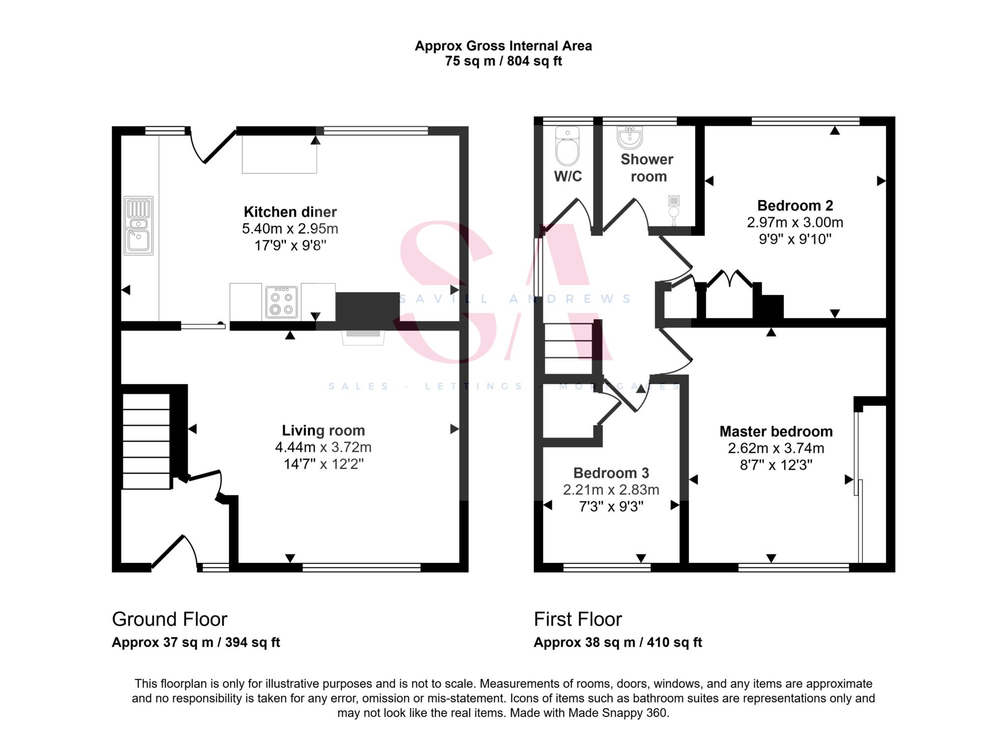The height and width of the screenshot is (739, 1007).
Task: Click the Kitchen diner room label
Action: coord(290,212)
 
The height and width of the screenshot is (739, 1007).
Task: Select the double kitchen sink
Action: coord(139,226)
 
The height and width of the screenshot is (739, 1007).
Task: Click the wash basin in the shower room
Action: coord(629,137)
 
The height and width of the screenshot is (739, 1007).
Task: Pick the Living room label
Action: coord(323,430)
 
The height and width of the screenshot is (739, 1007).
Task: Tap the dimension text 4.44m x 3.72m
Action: coord(323,447)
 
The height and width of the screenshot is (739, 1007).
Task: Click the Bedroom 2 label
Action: coord(795,205)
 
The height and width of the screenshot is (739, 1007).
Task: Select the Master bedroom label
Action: coord(776,431)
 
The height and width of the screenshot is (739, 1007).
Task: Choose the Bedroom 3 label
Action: coord(611,473)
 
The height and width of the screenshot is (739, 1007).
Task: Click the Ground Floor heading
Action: coord(170,619)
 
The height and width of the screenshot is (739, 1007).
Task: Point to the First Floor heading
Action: coord(578,619)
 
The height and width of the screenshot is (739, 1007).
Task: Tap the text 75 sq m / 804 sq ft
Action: coord(503,61)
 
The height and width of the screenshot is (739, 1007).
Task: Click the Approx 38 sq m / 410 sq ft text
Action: coord(618,642)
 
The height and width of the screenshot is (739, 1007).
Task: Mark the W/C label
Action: coord(568,176)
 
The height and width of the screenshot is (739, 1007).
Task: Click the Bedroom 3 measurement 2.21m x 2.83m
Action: coord(611,490)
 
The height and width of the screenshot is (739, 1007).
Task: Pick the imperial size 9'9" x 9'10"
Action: coord(795,239)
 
